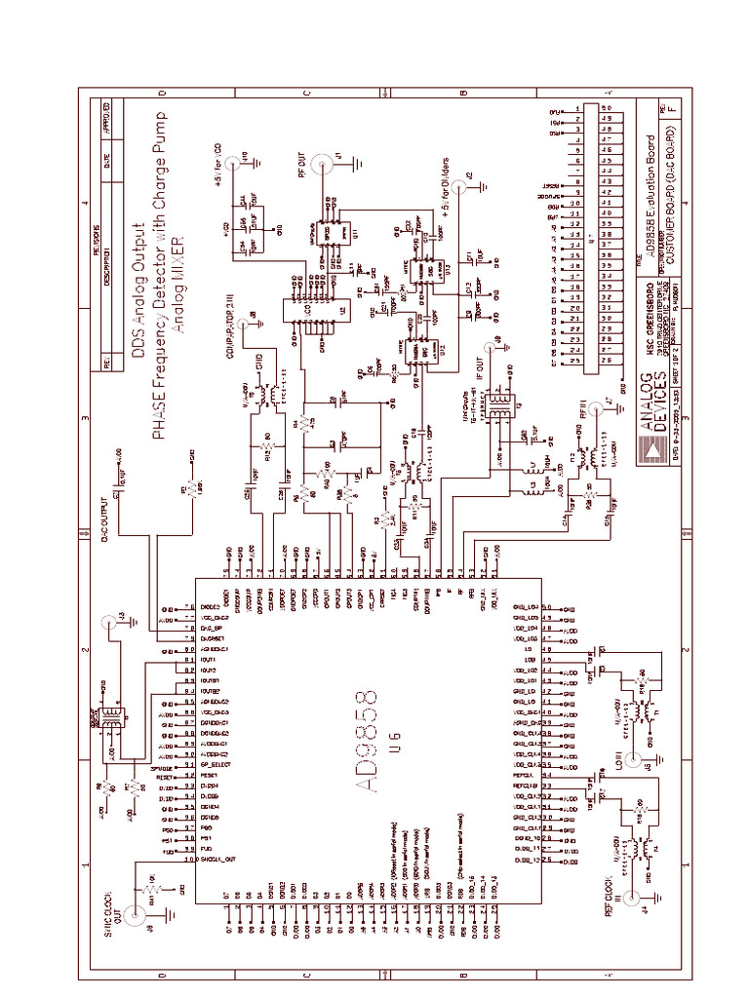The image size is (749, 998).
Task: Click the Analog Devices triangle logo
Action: (x=647, y=449)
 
